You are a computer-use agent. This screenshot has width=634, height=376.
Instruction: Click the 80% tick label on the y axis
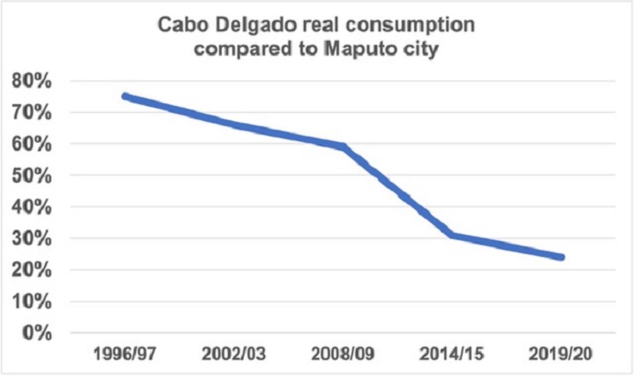[x=33, y=81]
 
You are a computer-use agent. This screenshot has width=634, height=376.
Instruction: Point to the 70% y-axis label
[x=33, y=113]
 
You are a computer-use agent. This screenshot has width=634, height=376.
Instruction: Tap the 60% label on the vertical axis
[x=33, y=144]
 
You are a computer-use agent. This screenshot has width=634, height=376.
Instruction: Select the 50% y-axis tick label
[x=33, y=176]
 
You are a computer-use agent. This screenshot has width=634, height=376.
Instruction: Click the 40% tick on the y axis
[x=33, y=207]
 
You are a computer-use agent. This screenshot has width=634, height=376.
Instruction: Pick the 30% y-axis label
[x=33, y=238]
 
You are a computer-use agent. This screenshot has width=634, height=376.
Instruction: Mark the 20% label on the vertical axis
[x=33, y=270]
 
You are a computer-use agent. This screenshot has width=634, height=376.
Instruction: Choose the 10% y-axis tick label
[x=33, y=302]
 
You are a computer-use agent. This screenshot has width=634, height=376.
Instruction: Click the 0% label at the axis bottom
[x=38, y=333]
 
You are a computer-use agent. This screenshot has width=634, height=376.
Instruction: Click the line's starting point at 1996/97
[x=125, y=96]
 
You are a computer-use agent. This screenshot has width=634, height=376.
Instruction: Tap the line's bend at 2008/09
[x=343, y=147]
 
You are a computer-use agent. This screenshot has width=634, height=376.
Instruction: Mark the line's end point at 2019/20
[x=562, y=258]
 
